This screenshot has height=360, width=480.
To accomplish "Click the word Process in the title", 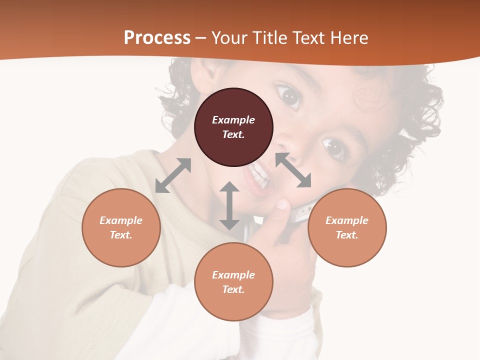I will (x=157, y=38).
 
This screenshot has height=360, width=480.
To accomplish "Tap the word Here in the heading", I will (x=349, y=38).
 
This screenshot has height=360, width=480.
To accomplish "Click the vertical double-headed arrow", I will (x=229, y=205).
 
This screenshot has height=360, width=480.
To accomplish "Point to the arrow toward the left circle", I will (x=173, y=175).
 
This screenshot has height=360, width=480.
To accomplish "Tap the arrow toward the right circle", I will (x=293, y=170).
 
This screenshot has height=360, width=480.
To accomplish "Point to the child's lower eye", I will (x=332, y=147).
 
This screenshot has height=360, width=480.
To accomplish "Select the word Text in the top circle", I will (x=233, y=134).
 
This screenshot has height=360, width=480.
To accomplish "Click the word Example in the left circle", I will (x=121, y=220).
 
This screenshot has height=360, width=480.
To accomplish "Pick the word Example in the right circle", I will (x=347, y=220).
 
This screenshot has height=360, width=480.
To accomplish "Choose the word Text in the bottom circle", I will (x=233, y=289).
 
